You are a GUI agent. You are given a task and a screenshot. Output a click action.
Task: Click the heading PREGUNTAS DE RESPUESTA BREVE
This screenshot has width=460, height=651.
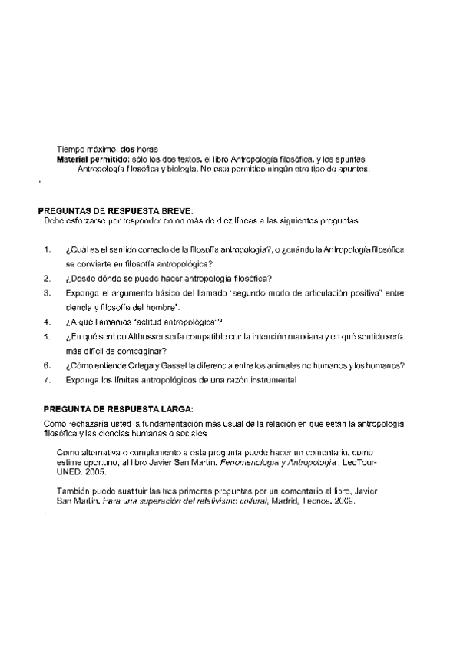(116, 210)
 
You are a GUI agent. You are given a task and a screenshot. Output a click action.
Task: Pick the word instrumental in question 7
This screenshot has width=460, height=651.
(271, 379)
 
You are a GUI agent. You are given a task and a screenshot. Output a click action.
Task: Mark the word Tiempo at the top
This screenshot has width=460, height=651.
(70, 148)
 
